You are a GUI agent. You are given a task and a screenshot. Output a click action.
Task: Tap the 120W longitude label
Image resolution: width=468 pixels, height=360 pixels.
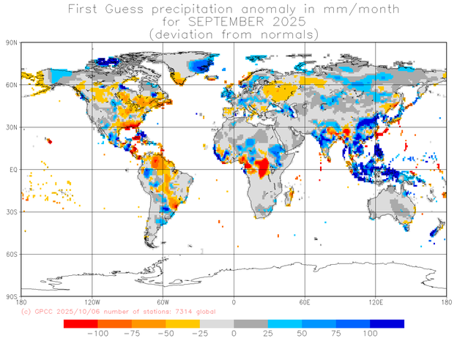tap(92, 302)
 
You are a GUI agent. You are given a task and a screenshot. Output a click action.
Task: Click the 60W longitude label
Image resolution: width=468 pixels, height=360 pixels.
tap(163, 302)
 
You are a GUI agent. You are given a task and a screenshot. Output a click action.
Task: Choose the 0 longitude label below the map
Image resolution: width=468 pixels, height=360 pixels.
tap(234, 302)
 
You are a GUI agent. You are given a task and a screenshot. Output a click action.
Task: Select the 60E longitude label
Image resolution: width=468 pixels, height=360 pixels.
tap(305, 302)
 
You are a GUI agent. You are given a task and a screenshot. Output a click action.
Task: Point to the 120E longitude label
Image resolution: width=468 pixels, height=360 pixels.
tap(376, 302)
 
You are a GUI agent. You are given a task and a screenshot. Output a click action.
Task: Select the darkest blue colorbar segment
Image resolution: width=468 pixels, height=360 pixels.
tap(387, 323)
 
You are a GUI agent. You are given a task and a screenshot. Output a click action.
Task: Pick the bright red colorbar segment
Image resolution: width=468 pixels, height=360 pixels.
tap(81, 323)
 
